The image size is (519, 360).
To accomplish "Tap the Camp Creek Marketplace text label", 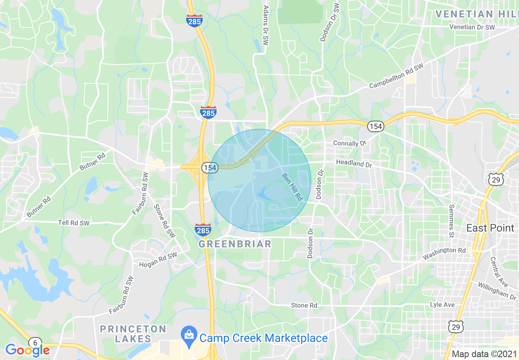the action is [x=264, y=338].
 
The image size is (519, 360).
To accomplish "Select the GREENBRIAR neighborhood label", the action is [x=235, y=244].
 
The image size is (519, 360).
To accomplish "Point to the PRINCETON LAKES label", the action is [x=133, y=334].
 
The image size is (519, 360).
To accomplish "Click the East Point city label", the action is [x=490, y=228].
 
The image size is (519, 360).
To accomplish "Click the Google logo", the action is [x=27, y=350].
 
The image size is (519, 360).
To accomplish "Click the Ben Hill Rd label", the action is [x=292, y=187].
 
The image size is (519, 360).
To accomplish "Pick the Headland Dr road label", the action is [x=354, y=163].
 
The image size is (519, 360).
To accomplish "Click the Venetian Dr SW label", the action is [x=472, y=27].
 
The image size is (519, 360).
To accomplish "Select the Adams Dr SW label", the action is [x=266, y=25].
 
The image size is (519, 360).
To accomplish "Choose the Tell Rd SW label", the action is [x=74, y=223].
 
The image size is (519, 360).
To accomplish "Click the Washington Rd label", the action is [x=444, y=253].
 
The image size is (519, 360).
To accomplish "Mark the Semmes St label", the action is [x=451, y=221].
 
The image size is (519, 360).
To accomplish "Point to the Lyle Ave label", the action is [x=442, y=305].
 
